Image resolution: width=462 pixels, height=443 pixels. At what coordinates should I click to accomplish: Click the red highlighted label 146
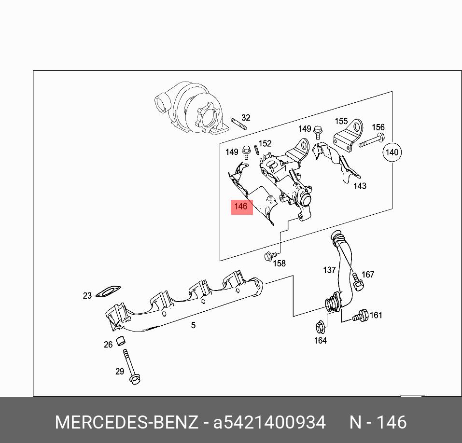coord(241,207)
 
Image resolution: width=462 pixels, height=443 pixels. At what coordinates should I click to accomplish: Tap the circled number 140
coord(392,152)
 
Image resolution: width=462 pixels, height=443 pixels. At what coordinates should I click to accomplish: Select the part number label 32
coord(246,118)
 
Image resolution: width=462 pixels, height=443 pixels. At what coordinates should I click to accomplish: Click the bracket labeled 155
coord(348,135)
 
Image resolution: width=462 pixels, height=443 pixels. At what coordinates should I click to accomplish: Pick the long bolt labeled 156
coord(372,141)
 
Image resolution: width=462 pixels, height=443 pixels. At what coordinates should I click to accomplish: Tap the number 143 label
coord(360,186)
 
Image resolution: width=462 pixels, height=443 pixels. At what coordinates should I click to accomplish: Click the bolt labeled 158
coord(271,256)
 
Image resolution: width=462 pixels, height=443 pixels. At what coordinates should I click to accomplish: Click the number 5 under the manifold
coord(193,325)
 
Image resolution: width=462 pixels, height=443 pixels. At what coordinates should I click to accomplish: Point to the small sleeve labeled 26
coord(123,340)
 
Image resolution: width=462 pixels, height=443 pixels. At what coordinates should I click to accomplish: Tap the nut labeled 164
coord(320,328)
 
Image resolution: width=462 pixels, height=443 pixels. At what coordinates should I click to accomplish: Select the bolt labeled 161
coord(360,317)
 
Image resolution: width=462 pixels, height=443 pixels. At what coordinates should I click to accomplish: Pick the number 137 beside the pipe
coord(329,270)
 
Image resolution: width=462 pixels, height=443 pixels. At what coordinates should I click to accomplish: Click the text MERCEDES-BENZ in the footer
coord(126,423)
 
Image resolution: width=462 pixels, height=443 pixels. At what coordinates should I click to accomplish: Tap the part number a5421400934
coord(269,423)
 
